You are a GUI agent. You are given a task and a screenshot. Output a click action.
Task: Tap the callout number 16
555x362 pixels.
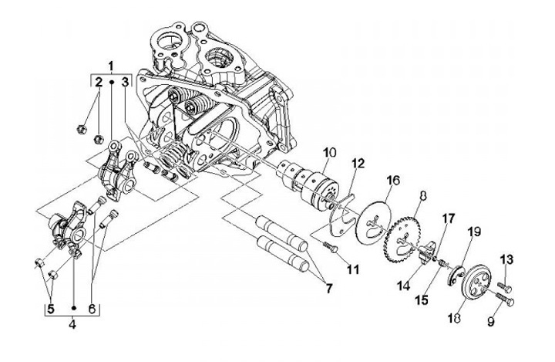[x=393, y=181]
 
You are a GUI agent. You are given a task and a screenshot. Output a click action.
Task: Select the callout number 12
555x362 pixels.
[x=357, y=164]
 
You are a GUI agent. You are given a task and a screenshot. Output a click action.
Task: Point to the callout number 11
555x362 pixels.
[x=355, y=272]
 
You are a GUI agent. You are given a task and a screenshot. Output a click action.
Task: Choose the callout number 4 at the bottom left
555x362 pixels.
[x=73, y=325]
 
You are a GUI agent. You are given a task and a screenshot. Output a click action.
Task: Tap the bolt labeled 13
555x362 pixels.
[x=503, y=279]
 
